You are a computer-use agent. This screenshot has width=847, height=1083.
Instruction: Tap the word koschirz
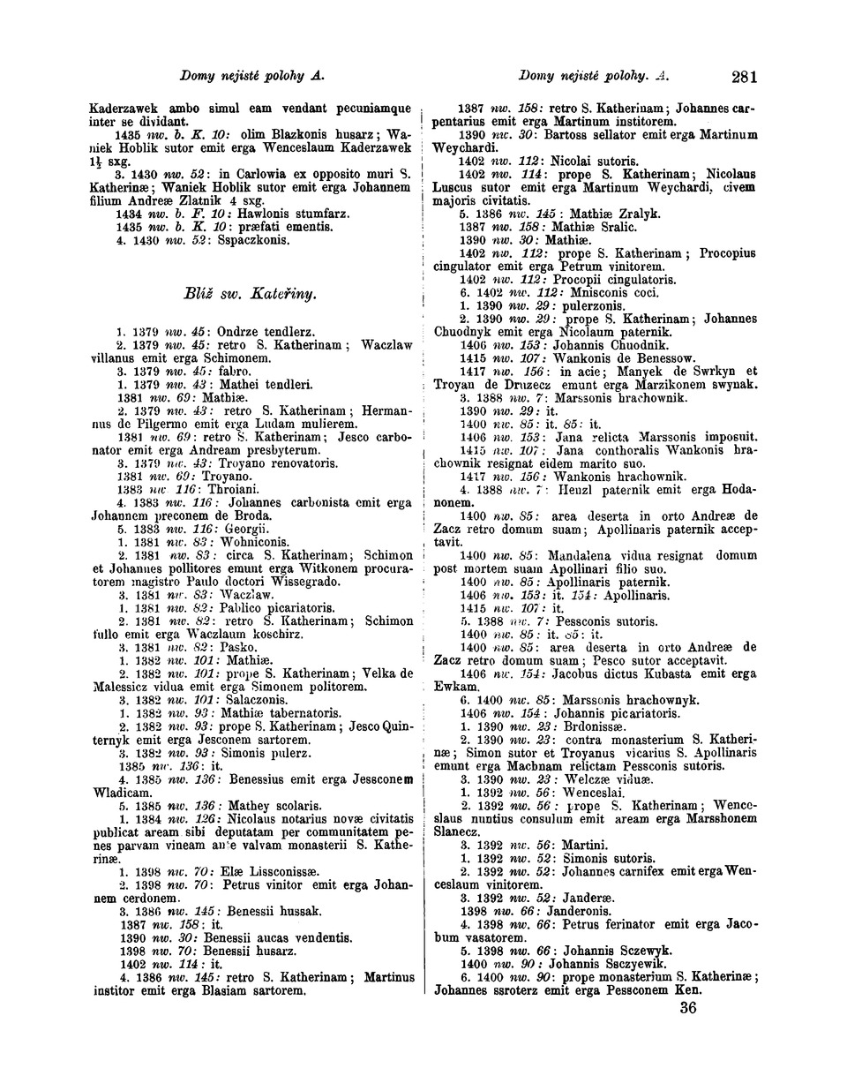(273, 634)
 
